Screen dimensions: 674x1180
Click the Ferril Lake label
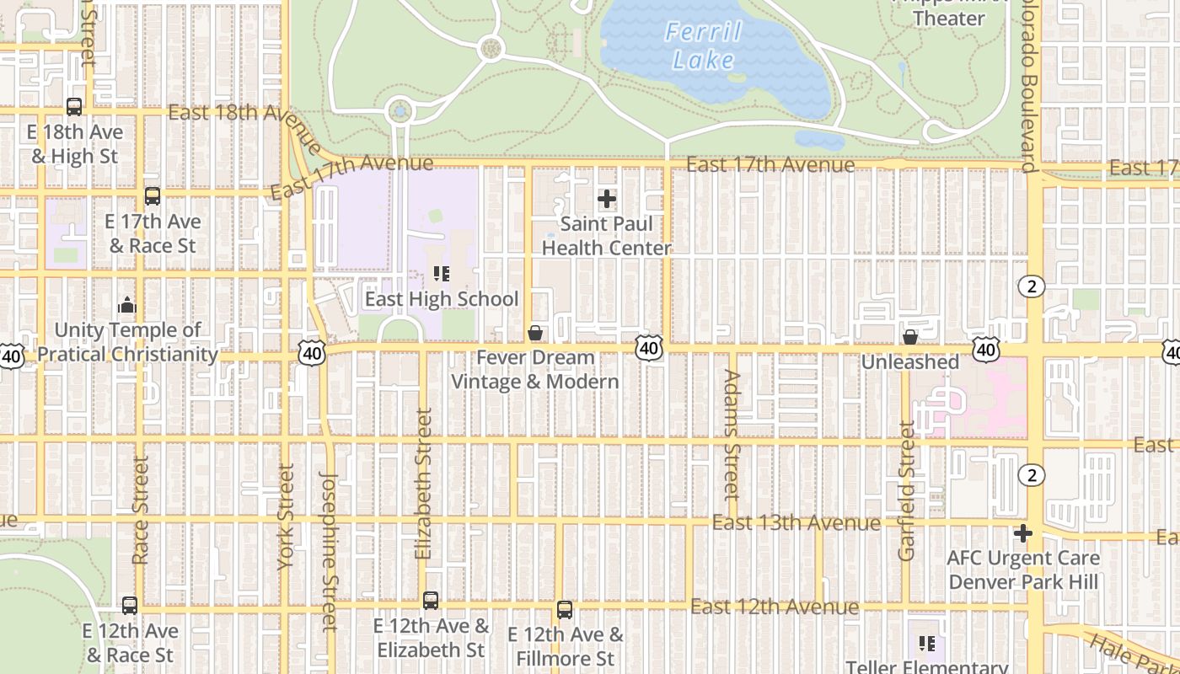click(x=704, y=46)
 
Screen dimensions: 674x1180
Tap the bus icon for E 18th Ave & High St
click(x=74, y=107)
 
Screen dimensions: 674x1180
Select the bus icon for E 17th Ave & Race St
click(x=153, y=196)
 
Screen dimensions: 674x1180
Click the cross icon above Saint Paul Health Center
click(x=607, y=200)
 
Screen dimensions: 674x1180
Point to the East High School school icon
click(x=441, y=274)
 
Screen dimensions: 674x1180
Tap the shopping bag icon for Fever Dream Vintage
click(x=534, y=334)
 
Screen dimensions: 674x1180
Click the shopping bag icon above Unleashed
click(x=910, y=337)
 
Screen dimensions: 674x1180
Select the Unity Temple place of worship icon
click(x=127, y=305)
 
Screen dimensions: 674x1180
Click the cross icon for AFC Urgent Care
click(x=1023, y=533)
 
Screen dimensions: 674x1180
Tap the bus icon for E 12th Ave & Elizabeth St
click(x=431, y=601)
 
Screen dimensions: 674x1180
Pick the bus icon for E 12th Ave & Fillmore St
click(x=565, y=610)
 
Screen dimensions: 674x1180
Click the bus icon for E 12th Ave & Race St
click(x=130, y=606)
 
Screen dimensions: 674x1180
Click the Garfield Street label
click(x=907, y=490)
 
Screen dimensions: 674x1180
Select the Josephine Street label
click(x=330, y=551)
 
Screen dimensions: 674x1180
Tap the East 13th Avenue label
click(x=796, y=523)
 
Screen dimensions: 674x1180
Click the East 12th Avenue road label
click(x=775, y=607)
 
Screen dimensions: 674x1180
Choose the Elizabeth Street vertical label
click(x=423, y=484)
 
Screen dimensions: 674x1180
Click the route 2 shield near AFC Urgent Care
click(x=1032, y=475)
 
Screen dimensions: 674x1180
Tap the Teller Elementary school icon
click(x=927, y=645)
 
